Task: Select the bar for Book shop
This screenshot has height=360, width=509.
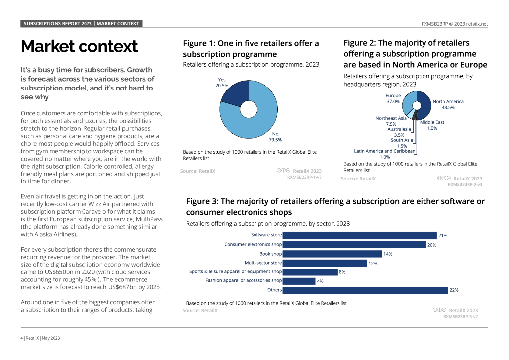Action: coord(332,254)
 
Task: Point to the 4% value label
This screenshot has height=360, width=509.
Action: coord(320,281)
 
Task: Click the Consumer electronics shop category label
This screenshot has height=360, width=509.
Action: coord(253,244)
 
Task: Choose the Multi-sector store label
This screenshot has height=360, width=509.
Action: coord(263,263)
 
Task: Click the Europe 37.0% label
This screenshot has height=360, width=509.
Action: coord(393,98)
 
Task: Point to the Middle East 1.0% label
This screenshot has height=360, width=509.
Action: coord(432,125)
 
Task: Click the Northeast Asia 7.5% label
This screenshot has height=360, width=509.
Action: coord(391,121)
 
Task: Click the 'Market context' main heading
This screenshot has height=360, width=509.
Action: coord(79,46)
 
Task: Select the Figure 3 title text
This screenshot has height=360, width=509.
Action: coord(335,207)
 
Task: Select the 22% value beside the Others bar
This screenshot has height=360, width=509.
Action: coord(453,290)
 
